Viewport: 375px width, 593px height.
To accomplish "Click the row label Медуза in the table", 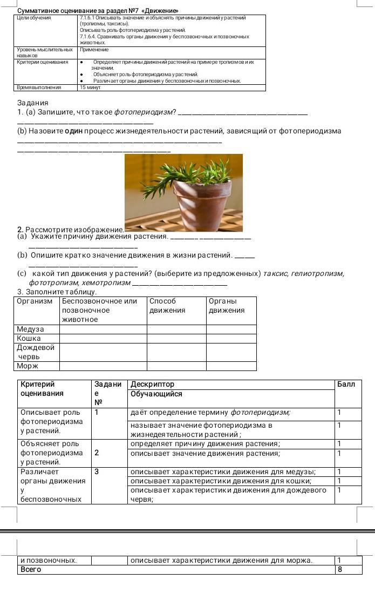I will click(x=30, y=329).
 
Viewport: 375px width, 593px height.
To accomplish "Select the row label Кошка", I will click(x=29, y=338).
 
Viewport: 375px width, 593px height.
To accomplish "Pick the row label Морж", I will click(x=28, y=366).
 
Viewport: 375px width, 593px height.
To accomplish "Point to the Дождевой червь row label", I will click(x=36, y=352).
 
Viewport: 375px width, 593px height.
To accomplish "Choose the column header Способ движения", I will click(x=167, y=306).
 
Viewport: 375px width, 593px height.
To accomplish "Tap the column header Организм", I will click(x=35, y=301).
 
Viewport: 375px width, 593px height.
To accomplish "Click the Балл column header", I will click(x=346, y=384).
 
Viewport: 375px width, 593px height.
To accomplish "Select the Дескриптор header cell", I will click(x=153, y=384).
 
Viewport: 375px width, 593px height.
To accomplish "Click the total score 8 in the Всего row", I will click(x=340, y=569).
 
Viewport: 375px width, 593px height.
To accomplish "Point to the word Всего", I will click(x=31, y=569).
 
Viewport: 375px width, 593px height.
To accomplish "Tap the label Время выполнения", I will click(x=39, y=86).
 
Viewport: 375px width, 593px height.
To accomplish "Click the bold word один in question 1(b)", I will click(x=74, y=131).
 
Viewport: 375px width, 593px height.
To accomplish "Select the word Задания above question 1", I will click(x=33, y=103).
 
